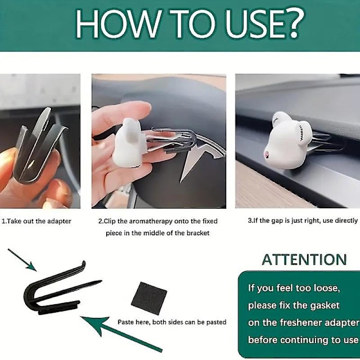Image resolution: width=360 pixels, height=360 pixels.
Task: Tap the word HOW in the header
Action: pos(118,24)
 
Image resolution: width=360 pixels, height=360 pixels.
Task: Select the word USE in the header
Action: pos(250,24)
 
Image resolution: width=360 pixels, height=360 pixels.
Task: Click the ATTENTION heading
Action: pos(304,259)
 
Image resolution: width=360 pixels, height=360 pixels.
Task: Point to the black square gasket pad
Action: pos(149,298)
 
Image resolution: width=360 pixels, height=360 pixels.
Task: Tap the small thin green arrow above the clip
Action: pos(22,260)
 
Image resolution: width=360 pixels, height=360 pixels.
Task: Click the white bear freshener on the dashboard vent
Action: pos(288,140)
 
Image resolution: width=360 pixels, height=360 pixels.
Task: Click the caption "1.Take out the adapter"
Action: pos(37,221)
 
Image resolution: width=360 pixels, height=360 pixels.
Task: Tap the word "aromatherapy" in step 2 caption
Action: pos(151,221)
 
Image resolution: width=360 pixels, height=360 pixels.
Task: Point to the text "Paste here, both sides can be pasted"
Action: pos(172,322)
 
